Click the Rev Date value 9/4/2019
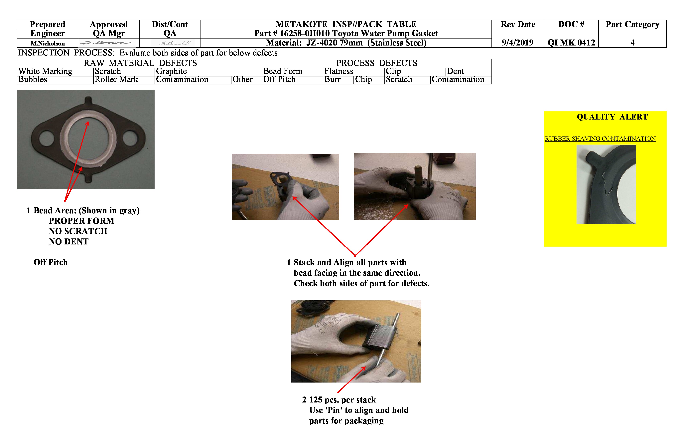[x=517, y=43]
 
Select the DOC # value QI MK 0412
[x=571, y=43]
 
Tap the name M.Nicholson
[x=48, y=43]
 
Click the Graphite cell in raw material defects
[x=172, y=71]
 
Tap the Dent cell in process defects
[x=455, y=71]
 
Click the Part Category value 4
[x=632, y=43]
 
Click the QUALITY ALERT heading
[x=612, y=117]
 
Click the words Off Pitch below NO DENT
[x=51, y=262]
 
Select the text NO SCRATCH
[x=78, y=231]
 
